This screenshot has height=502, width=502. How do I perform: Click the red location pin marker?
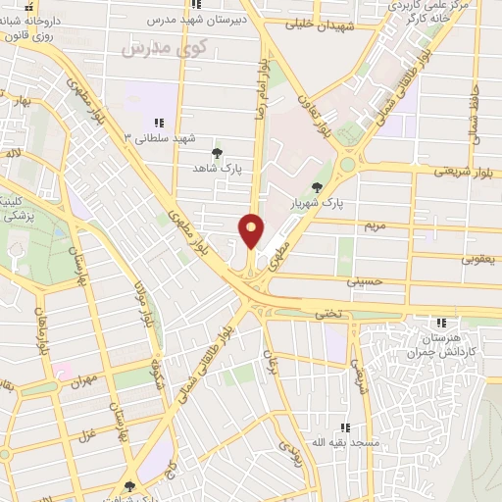click(251, 230)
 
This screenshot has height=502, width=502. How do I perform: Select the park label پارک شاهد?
click(218, 168)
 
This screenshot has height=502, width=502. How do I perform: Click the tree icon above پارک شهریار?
click(316, 186)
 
